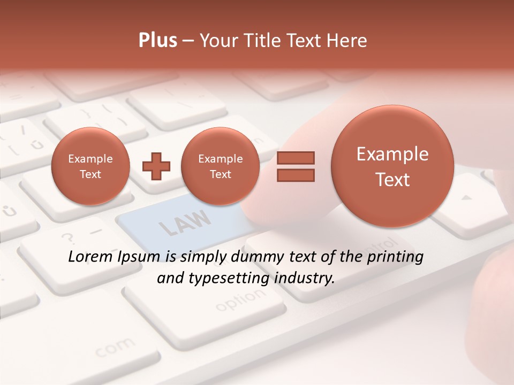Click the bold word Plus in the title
click(157, 41)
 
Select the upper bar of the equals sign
click(295, 158)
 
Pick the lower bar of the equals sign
click(295, 175)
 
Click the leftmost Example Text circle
click(90, 166)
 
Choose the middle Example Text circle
click(220, 166)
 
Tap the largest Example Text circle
click(392, 167)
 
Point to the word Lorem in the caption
click(91, 257)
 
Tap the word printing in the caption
click(394, 257)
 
